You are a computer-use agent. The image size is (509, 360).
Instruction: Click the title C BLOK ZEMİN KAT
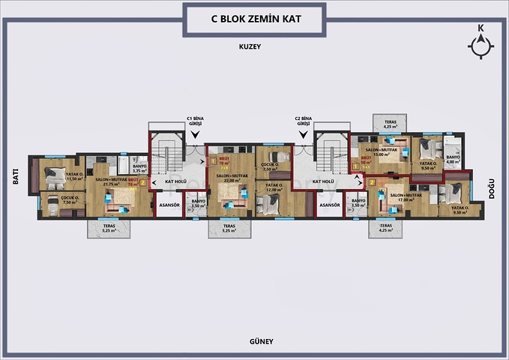click(254, 18)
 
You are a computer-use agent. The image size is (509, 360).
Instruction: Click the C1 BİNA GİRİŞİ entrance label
click(196, 121)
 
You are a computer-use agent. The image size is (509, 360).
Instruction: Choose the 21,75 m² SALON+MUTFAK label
click(107, 182)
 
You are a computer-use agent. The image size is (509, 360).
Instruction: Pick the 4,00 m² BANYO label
click(453, 160)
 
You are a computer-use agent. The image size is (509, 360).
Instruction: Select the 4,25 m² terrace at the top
click(390, 124)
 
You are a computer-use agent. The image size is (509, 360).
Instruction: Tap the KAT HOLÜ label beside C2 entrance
click(322, 181)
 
